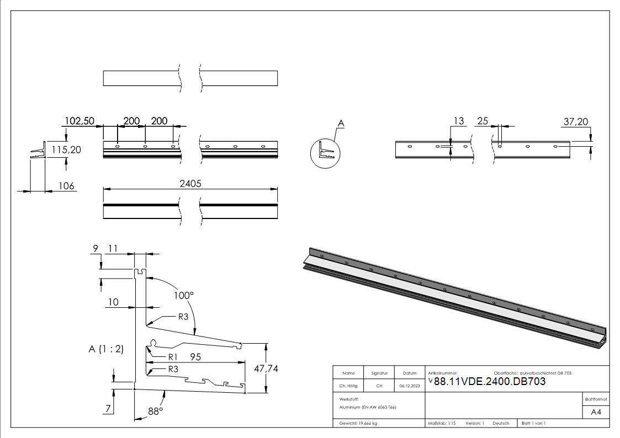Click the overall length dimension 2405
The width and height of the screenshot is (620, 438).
(x=190, y=184)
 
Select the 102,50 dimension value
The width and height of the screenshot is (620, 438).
(x=80, y=121)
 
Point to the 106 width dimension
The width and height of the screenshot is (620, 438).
(x=66, y=186)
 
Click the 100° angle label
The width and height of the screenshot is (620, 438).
(x=183, y=295)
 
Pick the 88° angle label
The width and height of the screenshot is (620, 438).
(x=155, y=412)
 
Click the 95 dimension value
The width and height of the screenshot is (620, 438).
(x=195, y=357)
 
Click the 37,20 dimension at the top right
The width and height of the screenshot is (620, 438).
(x=576, y=121)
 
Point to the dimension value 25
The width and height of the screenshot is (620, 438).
(x=483, y=121)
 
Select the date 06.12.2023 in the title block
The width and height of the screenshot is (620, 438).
(x=410, y=387)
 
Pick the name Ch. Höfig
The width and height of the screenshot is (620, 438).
(x=348, y=387)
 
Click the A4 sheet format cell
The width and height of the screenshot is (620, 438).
(x=596, y=412)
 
